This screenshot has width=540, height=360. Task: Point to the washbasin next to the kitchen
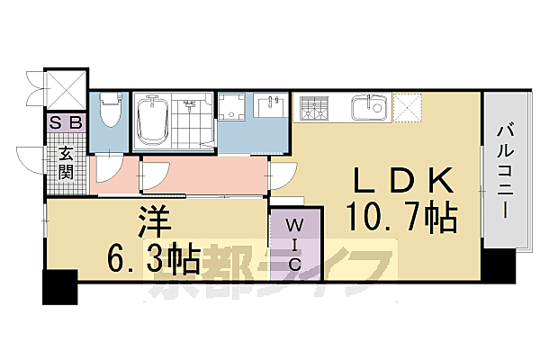click(x=269, y=109)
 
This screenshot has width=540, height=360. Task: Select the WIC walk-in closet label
click(x=294, y=242)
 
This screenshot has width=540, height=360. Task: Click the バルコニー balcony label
click(x=503, y=170)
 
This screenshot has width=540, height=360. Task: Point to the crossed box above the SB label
click(x=66, y=90)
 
